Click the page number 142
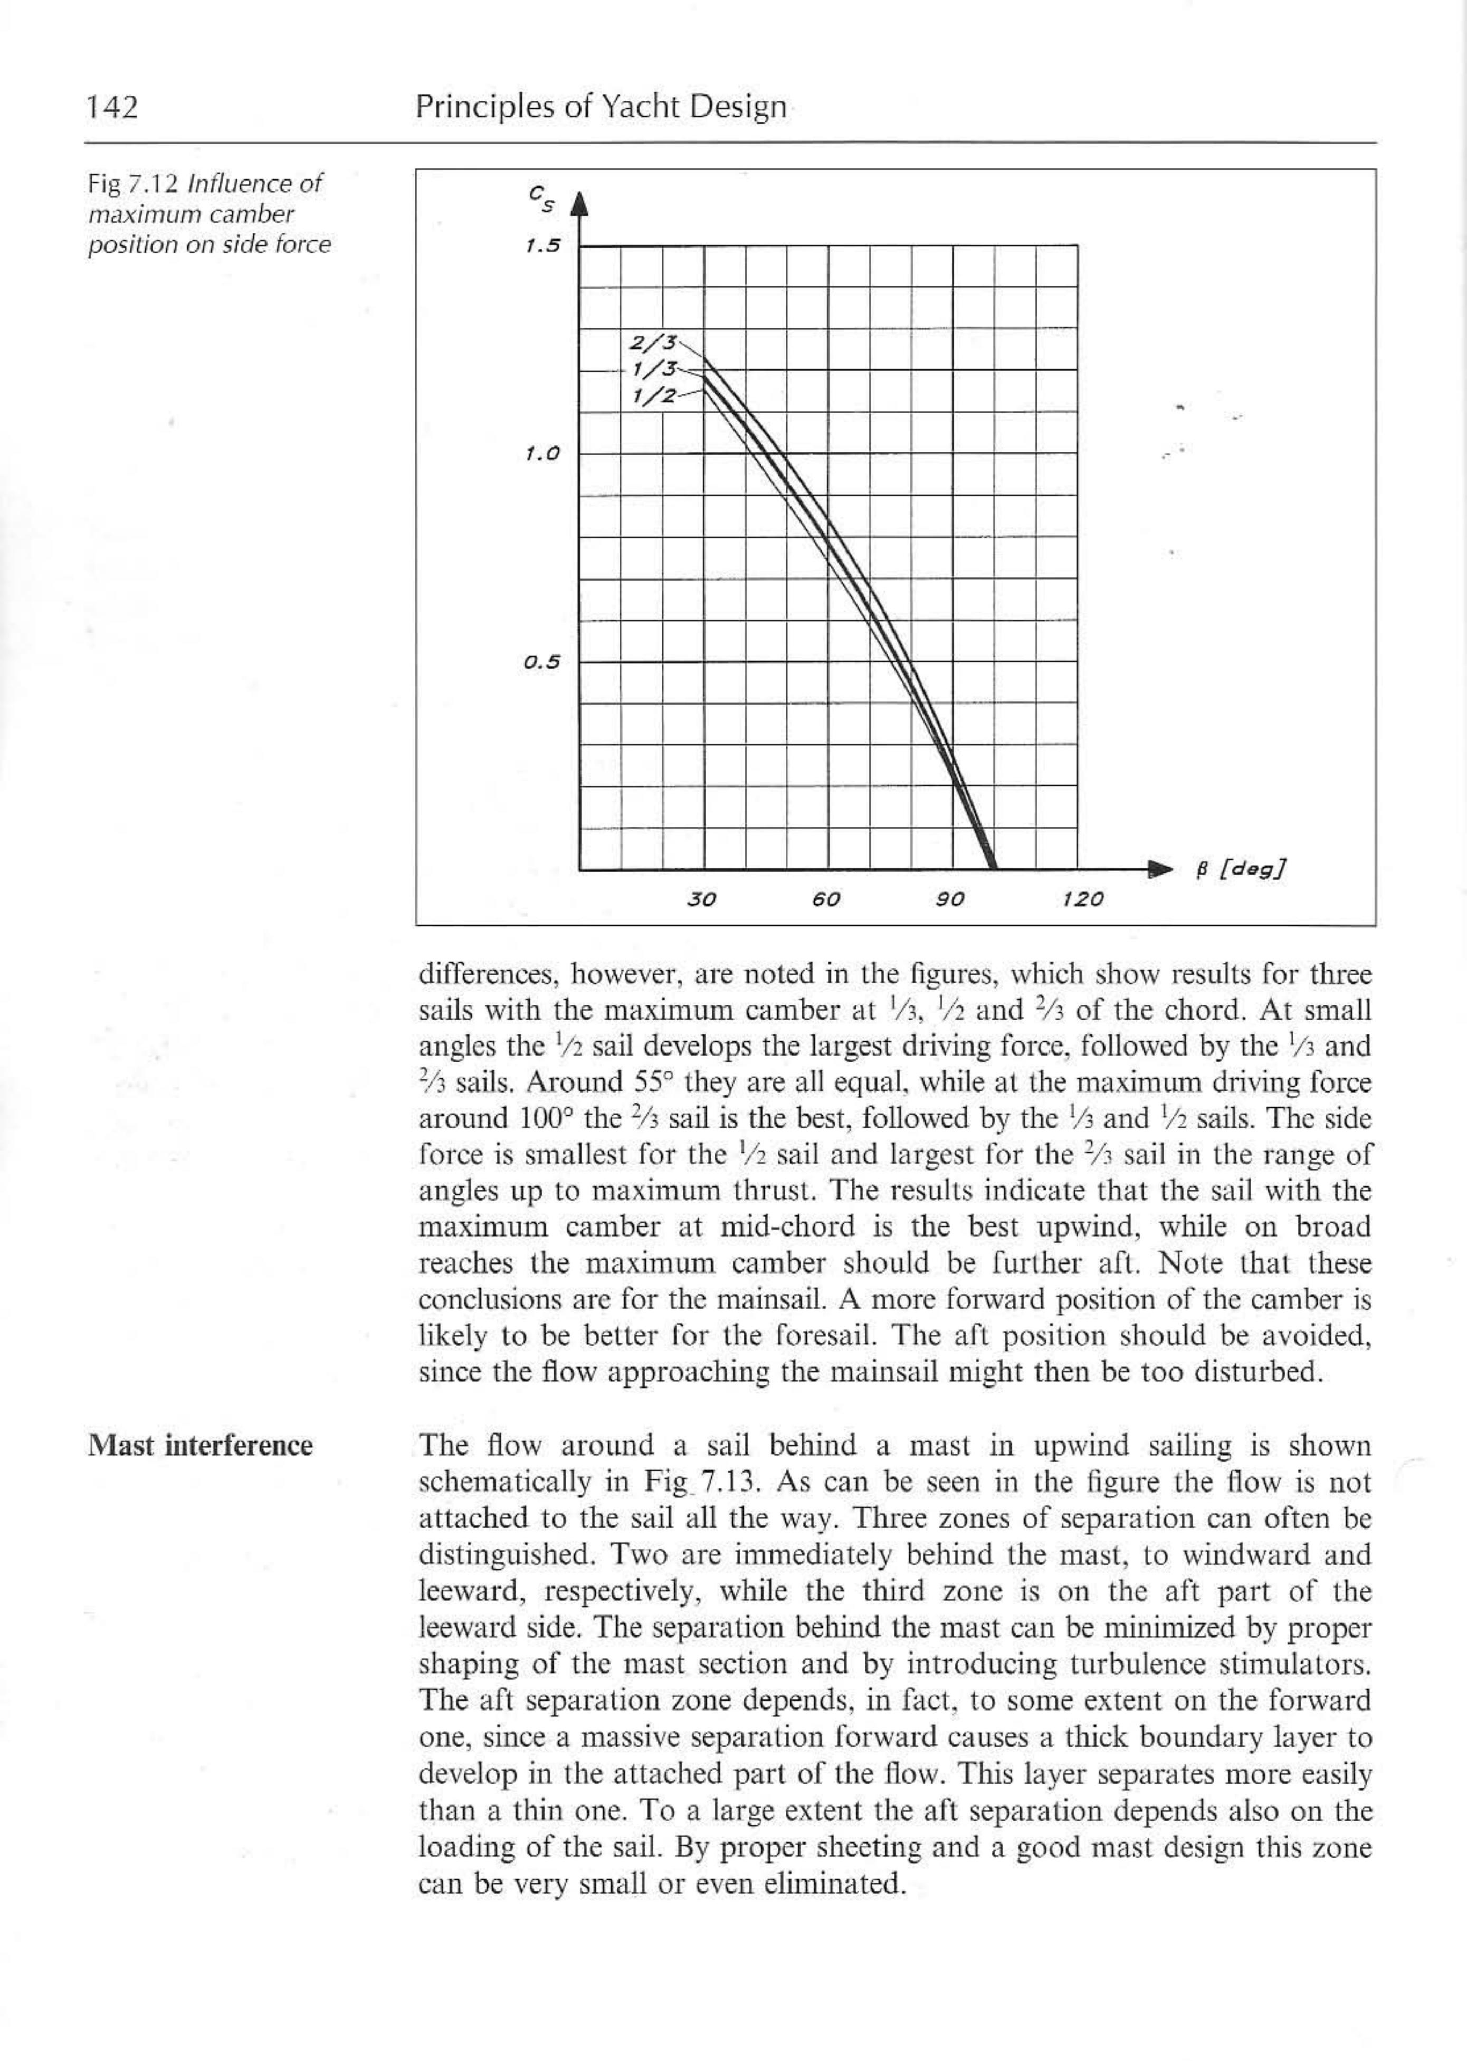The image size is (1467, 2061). click(x=112, y=108)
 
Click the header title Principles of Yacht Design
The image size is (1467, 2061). click(x=601, y=108)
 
